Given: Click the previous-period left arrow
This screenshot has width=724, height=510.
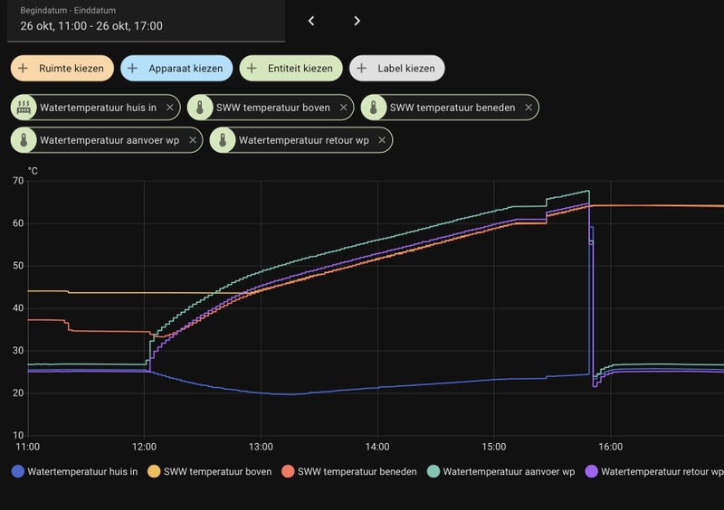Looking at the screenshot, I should tap(311, 21).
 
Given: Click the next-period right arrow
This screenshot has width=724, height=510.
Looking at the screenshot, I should tap(357, 21).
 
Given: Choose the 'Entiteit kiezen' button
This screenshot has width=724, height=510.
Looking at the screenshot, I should tap(291, 68).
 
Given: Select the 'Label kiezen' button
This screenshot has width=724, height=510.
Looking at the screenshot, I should tap(397, 68).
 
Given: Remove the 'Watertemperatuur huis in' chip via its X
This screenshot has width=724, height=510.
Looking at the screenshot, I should tap(169, 108).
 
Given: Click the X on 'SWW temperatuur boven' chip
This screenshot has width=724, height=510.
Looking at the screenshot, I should tap(343, 108).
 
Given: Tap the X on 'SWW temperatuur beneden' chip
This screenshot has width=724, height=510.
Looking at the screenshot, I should tap(528, 108).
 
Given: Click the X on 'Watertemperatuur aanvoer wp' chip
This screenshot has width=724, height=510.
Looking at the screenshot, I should tap(191, 140).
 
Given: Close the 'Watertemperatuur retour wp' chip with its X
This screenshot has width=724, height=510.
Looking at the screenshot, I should tap(382, 140).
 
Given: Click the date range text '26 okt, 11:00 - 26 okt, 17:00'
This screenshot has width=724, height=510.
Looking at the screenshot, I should tap(91, 26).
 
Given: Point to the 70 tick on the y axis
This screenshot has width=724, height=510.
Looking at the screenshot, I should tap(18, 181).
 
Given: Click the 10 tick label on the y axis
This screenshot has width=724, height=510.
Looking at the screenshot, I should tap(18, 436).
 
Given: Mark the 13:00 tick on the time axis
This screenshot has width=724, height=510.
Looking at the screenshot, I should tap(261, 447).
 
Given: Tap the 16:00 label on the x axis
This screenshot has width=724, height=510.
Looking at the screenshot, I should tap(610, 447).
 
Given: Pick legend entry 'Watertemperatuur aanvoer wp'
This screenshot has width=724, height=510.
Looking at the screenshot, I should tap(508, 471).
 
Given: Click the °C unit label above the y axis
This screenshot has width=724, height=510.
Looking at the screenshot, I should tap(33, 170).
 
